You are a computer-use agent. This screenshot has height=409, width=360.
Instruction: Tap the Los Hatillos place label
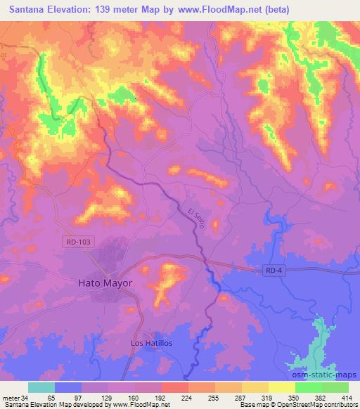pyautogui.click(x=153, y=342)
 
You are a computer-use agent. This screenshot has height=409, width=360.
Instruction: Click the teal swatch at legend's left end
pyautogui.click(x=41, y=387)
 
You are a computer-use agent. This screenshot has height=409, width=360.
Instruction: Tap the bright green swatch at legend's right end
pyautogui.click(x=335, y=387)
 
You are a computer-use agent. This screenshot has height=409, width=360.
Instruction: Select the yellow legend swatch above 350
pyautogui.click(x=281, y=387)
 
